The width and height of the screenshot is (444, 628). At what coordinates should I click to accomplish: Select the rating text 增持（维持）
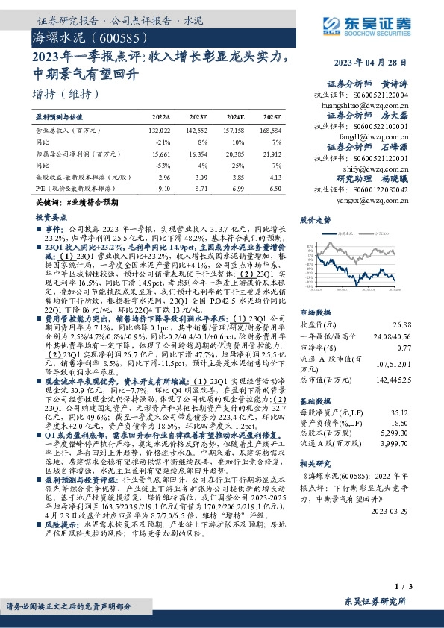pyautogui.click(x=66, y=94)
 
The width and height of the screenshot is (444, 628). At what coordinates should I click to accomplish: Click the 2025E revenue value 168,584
pyautogui.click(x=271, y=129)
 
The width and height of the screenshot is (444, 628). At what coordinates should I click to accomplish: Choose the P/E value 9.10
pyautogui.click(x=164, y=190)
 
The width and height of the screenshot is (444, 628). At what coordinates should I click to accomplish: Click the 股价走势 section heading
pyautogui.click(x=315, y=221)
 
